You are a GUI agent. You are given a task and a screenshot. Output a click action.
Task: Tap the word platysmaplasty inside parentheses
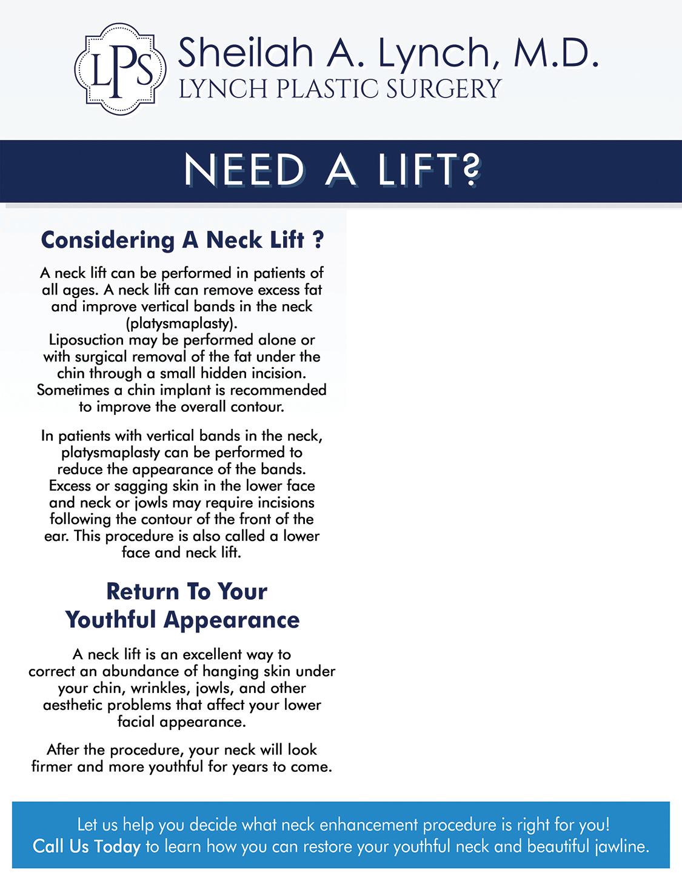coord(182,323)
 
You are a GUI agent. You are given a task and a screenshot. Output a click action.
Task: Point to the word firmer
coord(52,767)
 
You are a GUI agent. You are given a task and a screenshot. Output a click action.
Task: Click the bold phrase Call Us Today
coord(87,846)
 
